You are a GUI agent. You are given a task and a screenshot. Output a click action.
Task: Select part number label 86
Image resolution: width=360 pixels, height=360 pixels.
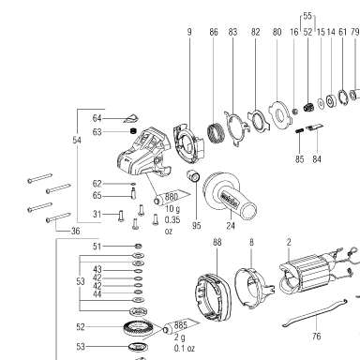pos(214,32)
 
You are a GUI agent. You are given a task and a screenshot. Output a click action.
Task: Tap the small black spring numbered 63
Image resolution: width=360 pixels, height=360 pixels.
pos(134,130)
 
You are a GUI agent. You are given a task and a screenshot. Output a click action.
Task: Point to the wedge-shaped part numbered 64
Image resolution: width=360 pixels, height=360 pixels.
pos(131,119)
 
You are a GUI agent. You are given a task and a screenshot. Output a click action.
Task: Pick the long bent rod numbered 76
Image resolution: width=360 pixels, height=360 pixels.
pos(314,313)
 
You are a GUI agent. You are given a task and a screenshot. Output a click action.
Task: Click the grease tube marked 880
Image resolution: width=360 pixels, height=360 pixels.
pos(172,198)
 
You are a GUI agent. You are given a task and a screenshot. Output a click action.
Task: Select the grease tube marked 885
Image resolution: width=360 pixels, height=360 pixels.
pos(182,326)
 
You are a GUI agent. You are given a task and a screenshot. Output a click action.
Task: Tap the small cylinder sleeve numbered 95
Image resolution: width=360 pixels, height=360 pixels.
pos(193,176)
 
